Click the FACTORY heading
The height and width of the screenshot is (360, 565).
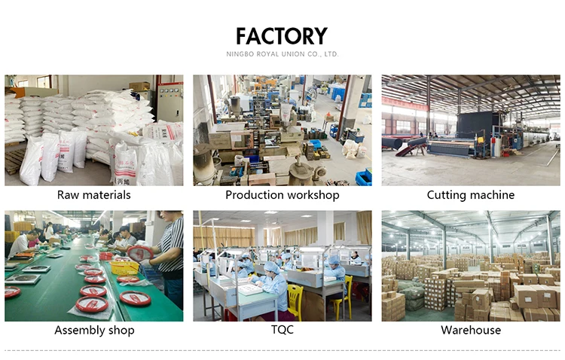pyautogui.click(x=282, y=36)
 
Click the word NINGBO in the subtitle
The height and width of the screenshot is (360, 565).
pyautogui.click(x=240, y=54)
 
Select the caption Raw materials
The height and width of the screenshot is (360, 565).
pyautogui.click(x=94, y=195)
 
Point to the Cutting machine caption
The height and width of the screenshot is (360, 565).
pyautogui.click(x=471, y=195)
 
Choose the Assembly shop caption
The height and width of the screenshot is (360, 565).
pyautogui.click(x=94, y=330)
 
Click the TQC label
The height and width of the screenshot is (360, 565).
pyautogui.click(x=282, y=330)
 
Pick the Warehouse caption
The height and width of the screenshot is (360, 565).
pyautogui.click(x=471, y=330)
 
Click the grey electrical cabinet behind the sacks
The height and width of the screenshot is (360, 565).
pyautogui.click(x=169, y=102)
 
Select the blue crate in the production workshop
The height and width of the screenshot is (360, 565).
pyautogui.click(x=364, y=177)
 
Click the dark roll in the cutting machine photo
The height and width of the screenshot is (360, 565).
pyautogui.click(x=399, y=143)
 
